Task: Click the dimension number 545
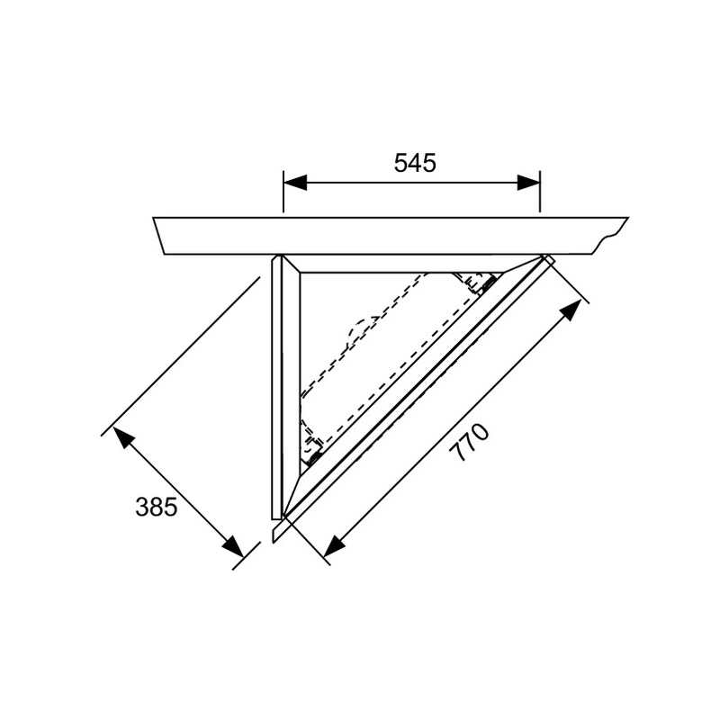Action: [415, 162]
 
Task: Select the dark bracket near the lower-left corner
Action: [314, 455]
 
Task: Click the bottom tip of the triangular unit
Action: [284, 517]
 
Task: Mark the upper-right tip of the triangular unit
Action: [545, 258]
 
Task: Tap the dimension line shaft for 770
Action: [450, 429]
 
